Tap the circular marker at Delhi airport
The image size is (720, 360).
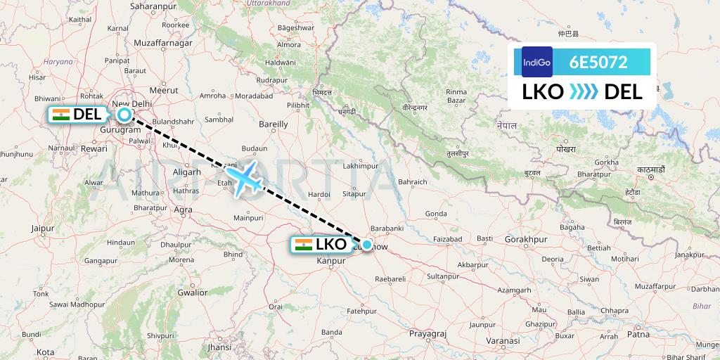coord(124,115)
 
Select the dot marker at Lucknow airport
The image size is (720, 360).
coord(367,245)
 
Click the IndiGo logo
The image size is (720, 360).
coord(537,62)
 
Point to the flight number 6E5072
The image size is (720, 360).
coord(598,62)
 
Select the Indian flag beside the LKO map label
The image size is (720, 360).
coord(304,245)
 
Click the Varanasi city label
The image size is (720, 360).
coord(503,340)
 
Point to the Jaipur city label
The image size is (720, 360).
coord(42,228)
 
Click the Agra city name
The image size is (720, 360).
coord(183,209)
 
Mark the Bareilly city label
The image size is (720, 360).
coord(274,124)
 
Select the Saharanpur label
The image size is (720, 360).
coord(153,6)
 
